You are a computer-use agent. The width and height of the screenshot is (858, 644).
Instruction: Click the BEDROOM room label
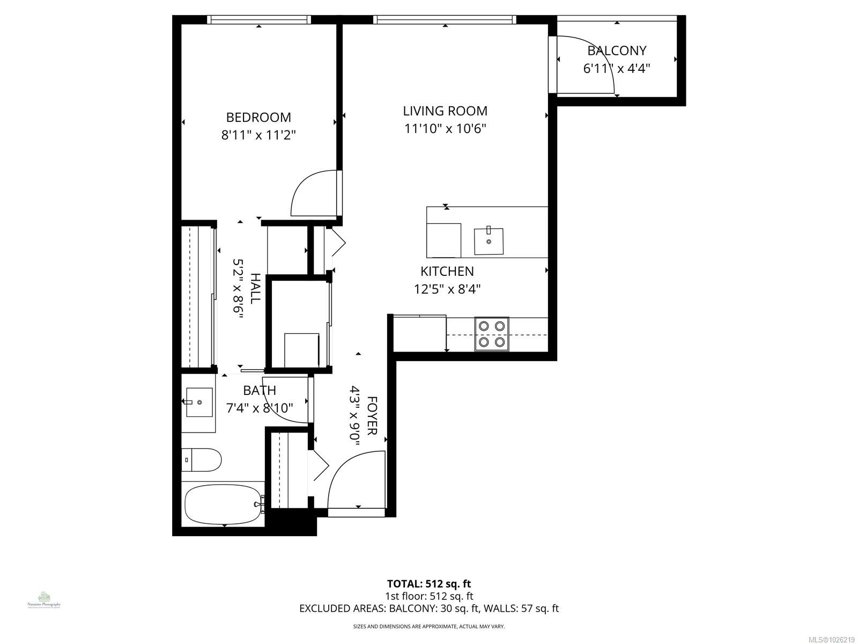pyautogui.click(x=258, y=117)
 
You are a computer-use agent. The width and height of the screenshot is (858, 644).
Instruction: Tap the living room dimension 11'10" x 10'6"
pyautogui.click(x=445, y=129)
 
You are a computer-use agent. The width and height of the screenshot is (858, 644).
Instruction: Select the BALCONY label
pyautogui.click(x=617, y=50)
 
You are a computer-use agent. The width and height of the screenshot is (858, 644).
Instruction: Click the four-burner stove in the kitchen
pyautogui.click(x=492, y=334)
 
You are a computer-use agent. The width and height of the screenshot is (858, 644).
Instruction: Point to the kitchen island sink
pyautogui.click(x=489, y=241)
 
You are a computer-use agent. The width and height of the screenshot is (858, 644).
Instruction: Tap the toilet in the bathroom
pyautogui.click(x=203, y=460)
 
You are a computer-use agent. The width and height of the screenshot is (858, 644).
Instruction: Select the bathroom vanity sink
pyautogui.click(x=199, y=402)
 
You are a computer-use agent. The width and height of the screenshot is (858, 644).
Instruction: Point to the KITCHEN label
pyautogui.click(x=447, y=272)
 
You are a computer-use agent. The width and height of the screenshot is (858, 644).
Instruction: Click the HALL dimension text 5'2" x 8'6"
pyautogui.click(x=238, y=289)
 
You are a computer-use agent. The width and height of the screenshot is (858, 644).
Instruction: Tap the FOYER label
pyautogui.click(x=372, y=416)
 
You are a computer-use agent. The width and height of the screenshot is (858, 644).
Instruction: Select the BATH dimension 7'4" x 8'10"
pyautogui.click(x=260, y=408)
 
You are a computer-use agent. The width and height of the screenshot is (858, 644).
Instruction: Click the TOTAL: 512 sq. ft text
pyautogui.click(x=429, y=584)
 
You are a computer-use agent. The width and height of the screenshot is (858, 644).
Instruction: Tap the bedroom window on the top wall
pyautogui.click(x=259, y=19)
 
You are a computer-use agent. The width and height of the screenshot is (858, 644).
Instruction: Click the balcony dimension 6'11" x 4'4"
pyautogui.click(x=617, y=69)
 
